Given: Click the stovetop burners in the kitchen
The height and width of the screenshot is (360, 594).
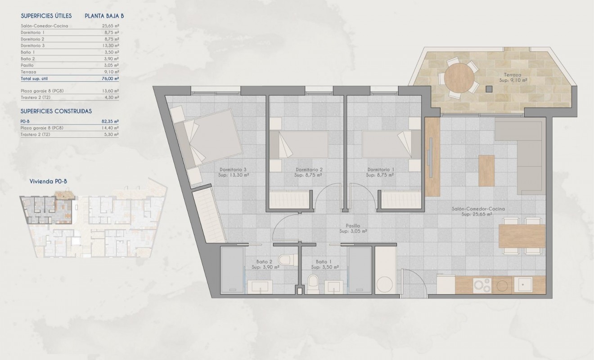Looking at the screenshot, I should [x=481, y=285].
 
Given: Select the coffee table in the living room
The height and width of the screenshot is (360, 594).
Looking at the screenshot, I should [x=486, y=170].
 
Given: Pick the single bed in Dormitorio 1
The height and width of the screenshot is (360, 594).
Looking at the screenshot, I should [x=387, y=144].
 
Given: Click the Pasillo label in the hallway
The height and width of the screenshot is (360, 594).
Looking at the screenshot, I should [x=353, y=226].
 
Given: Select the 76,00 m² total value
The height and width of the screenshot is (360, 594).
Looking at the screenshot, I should [x=110, y=78].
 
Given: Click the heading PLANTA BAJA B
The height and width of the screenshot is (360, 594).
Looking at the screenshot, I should [x=104, y=16].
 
